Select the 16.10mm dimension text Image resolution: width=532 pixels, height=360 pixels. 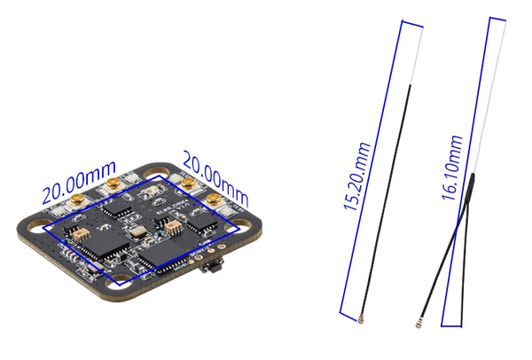coord(453,168)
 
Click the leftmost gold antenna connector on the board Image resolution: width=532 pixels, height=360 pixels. coord(76,200)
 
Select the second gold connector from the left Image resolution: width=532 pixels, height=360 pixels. coord(113,184)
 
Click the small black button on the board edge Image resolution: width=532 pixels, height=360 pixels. coord(211,267)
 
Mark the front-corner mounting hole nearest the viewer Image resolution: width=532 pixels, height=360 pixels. coord(121,286)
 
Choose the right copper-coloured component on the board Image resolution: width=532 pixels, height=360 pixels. coord(171,227)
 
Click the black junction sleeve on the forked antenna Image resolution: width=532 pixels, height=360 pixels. coord(471,185)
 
